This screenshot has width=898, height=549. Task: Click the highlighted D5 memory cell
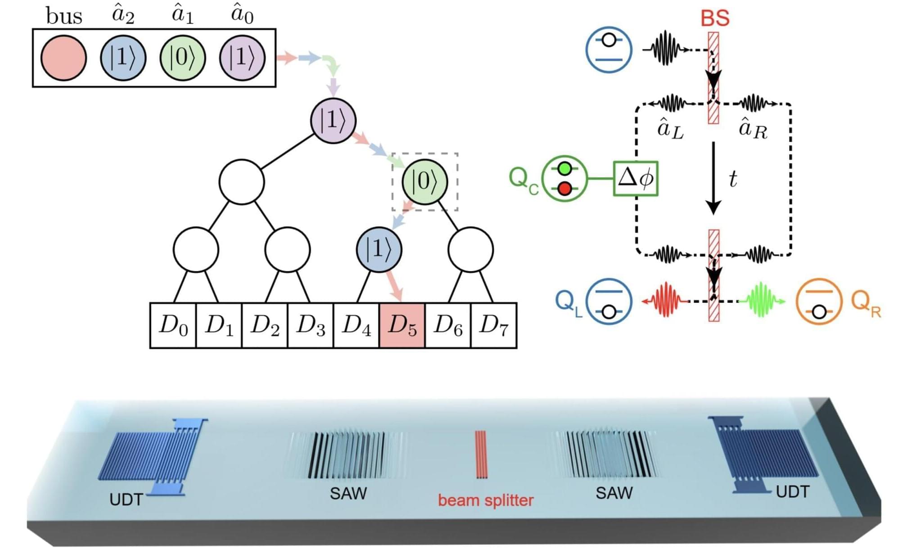pos(402,325)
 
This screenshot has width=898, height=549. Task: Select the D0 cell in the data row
pos(173,325)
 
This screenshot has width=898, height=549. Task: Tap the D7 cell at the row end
pos(494,325)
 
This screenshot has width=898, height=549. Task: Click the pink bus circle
pos(63,58)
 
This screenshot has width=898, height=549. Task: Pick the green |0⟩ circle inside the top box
pos(183,58)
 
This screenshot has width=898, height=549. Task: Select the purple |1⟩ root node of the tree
pos(333,121)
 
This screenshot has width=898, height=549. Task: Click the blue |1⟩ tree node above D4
pos(379,249)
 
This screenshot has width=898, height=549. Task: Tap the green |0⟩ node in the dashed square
pos(424,181)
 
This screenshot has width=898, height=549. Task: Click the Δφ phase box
pos(636,179)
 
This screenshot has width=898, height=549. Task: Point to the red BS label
pos(715,18)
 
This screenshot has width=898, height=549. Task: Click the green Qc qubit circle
pos(564,179)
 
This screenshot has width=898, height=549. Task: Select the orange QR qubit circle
pos(819,301)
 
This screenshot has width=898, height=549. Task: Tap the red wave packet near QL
pos(665,300)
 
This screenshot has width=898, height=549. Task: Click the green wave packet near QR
pos(762,300)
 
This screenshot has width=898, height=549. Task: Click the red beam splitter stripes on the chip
pos(481,454)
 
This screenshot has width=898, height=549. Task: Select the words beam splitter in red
pos(486,500)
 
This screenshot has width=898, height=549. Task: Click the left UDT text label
pos(126,499)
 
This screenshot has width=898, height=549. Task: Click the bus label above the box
pos(64,17)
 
